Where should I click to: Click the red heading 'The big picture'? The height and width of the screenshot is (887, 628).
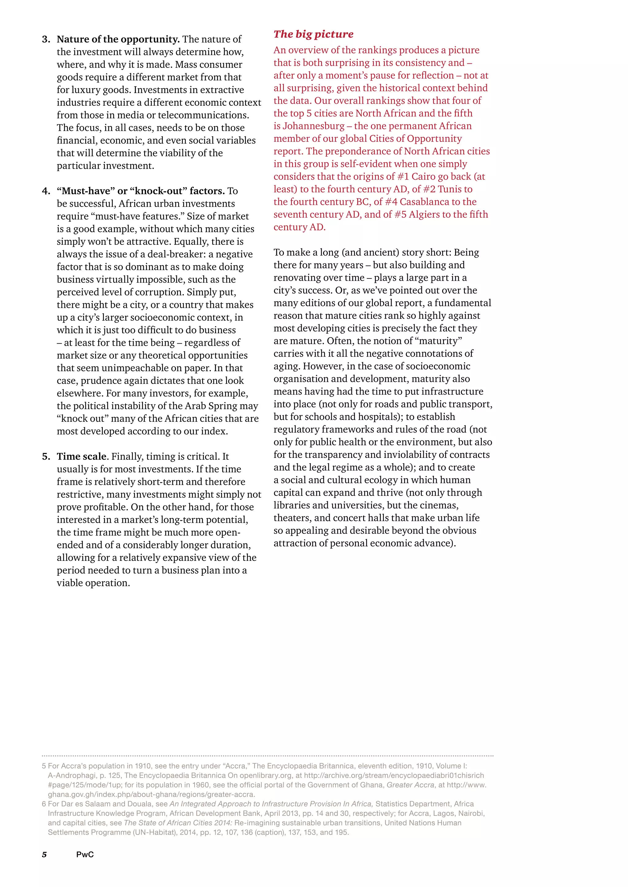click(313, 34)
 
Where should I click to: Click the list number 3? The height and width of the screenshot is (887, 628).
click(46, 40)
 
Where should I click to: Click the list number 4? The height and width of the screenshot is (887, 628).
click(46, 191)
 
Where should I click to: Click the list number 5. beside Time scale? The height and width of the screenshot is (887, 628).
click(46, 456)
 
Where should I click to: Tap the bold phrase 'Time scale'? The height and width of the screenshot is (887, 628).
click(81, 456)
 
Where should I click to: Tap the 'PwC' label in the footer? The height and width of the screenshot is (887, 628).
click(85, 854)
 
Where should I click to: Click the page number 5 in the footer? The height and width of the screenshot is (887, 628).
click(44, 854)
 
